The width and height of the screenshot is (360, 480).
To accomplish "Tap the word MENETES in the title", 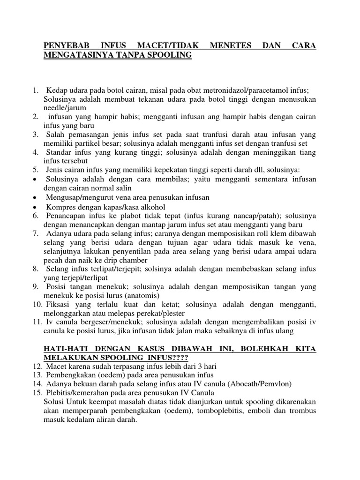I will click(x=232, y=46).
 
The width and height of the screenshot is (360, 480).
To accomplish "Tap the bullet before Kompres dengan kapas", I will click(x=36, y=207).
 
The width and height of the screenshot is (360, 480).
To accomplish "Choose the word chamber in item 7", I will click(x=132, y=260).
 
